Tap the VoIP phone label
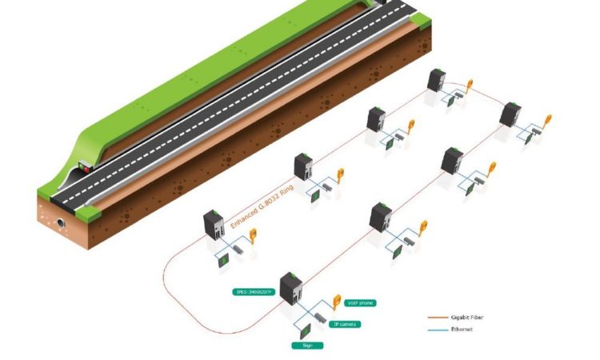[358, 303]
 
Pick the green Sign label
[306, 346]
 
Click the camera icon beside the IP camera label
[320, 317]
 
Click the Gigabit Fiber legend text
[467, 318]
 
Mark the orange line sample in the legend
[436, 318]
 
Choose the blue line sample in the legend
[436, 330]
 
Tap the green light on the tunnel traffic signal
[89, 170]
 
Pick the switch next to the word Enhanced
[214, 225]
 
